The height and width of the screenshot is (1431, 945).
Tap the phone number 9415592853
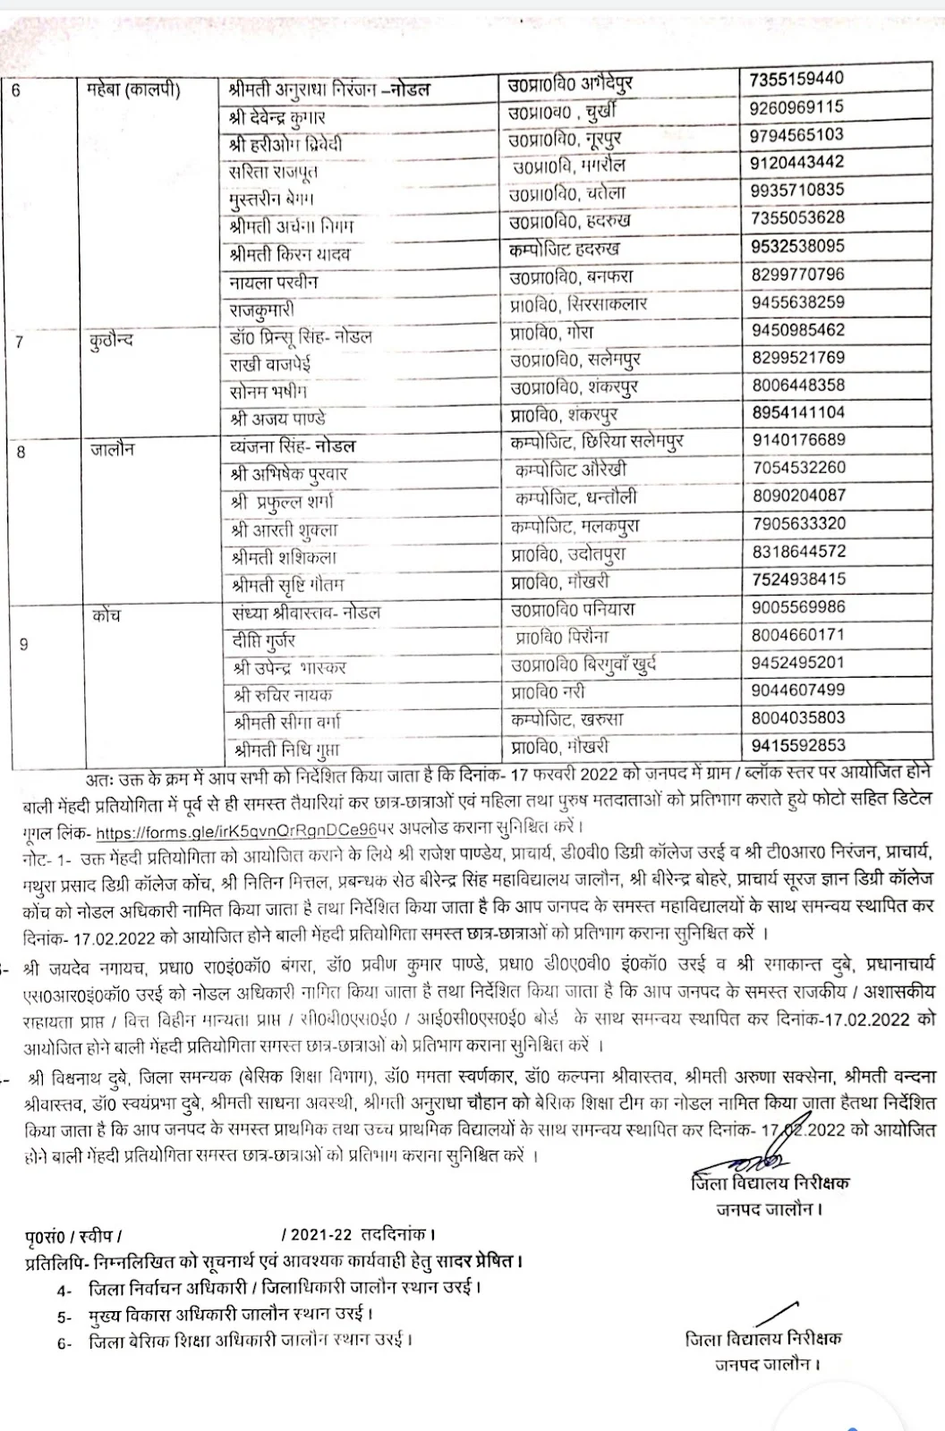(798, 745)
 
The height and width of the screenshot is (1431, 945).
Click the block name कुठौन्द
(111, 340)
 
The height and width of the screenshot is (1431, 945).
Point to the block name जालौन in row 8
(113, 450)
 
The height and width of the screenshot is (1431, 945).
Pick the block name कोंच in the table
(106, 615)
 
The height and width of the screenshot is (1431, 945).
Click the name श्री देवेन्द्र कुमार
(277, 117)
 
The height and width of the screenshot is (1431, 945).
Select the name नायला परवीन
(274, 283)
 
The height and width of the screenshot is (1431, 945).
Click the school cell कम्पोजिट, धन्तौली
(576, 497)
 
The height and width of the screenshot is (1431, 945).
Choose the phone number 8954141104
(798, 412)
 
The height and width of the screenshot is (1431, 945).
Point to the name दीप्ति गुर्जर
(263, 640)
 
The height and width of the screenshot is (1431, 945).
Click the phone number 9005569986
(798, 607)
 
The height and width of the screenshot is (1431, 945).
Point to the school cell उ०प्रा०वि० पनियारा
(573, 610)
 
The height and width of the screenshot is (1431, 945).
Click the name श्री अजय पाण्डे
(277, 418)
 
